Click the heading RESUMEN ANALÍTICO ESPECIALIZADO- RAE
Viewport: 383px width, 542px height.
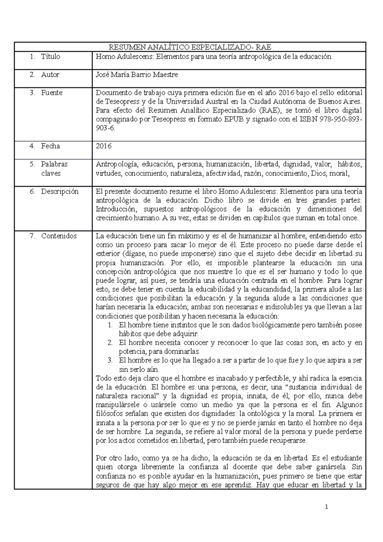tap(190, 48)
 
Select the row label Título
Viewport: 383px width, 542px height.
tap(50, 57)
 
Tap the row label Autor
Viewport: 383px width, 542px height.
tap(50, 75)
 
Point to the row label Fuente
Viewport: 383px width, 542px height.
tap(52, 93)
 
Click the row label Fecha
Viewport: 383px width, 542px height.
tap(50, 146)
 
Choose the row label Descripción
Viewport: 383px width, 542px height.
tap(59, 192)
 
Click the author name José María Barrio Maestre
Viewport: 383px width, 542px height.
tap(137, 75)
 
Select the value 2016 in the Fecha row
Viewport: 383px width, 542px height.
tap(104, 146)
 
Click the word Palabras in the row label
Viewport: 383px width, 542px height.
tap(54, 164)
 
